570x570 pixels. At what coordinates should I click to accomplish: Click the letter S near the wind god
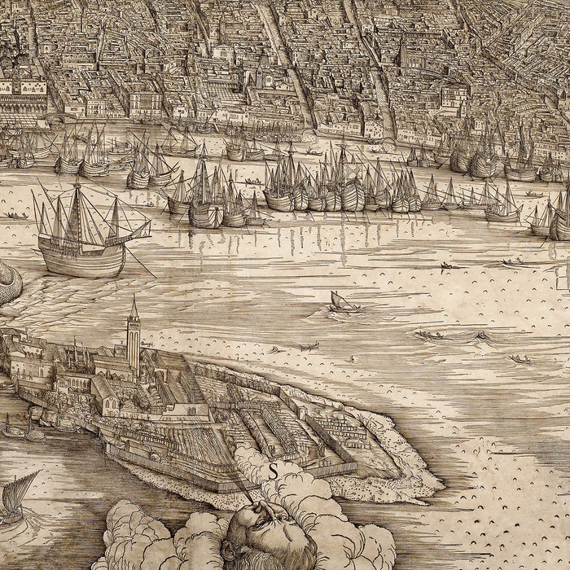click(274, 470)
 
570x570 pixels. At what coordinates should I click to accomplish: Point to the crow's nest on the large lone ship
click(76, 189)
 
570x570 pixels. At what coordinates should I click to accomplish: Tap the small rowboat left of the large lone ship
click(14, 216)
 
